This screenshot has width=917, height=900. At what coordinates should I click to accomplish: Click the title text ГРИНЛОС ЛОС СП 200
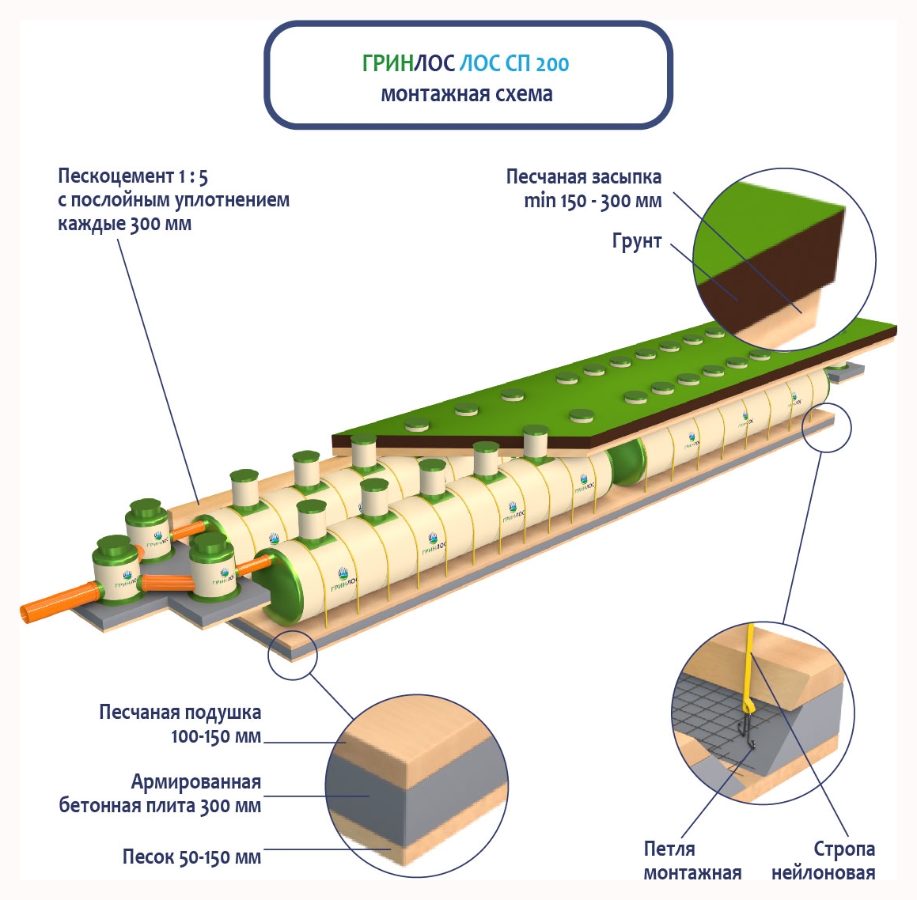pos(465,63)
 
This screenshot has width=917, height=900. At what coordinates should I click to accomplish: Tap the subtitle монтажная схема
pos(466,94)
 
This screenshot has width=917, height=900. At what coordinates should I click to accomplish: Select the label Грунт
pos(637,241)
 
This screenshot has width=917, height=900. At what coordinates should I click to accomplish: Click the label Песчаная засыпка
pos(583,176)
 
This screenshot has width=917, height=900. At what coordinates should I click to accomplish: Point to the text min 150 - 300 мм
pos(592,201)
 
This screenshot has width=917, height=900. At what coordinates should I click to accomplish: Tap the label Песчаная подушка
pos(180,712)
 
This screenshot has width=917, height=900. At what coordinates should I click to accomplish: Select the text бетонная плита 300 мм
pos(160,806)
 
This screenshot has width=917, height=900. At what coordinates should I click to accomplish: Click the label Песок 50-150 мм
pos(191,857)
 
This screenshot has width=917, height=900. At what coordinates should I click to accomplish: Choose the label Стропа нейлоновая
pos(824,860)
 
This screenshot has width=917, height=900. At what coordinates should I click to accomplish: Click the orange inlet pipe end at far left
pos(32,612)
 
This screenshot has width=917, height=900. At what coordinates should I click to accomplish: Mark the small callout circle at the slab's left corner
pos(293,655)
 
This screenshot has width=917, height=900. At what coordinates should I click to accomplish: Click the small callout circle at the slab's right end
pos(827,428)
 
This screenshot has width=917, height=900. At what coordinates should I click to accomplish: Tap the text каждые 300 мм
pos(124,224)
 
